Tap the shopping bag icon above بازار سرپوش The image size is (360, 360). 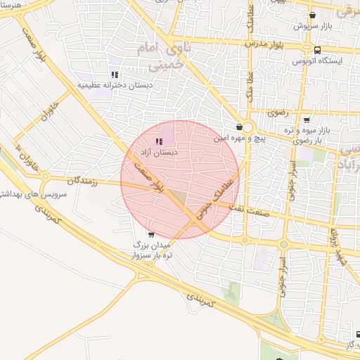coord(312,14)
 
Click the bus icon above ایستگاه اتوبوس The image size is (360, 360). coord(318,50)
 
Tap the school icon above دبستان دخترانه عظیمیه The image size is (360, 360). coord(114,75)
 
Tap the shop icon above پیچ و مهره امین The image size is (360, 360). coord(240,127)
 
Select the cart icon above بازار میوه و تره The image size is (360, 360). coord(306,120)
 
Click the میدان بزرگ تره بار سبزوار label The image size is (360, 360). coord(153,249)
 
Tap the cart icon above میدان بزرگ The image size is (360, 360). coord(151,235)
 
